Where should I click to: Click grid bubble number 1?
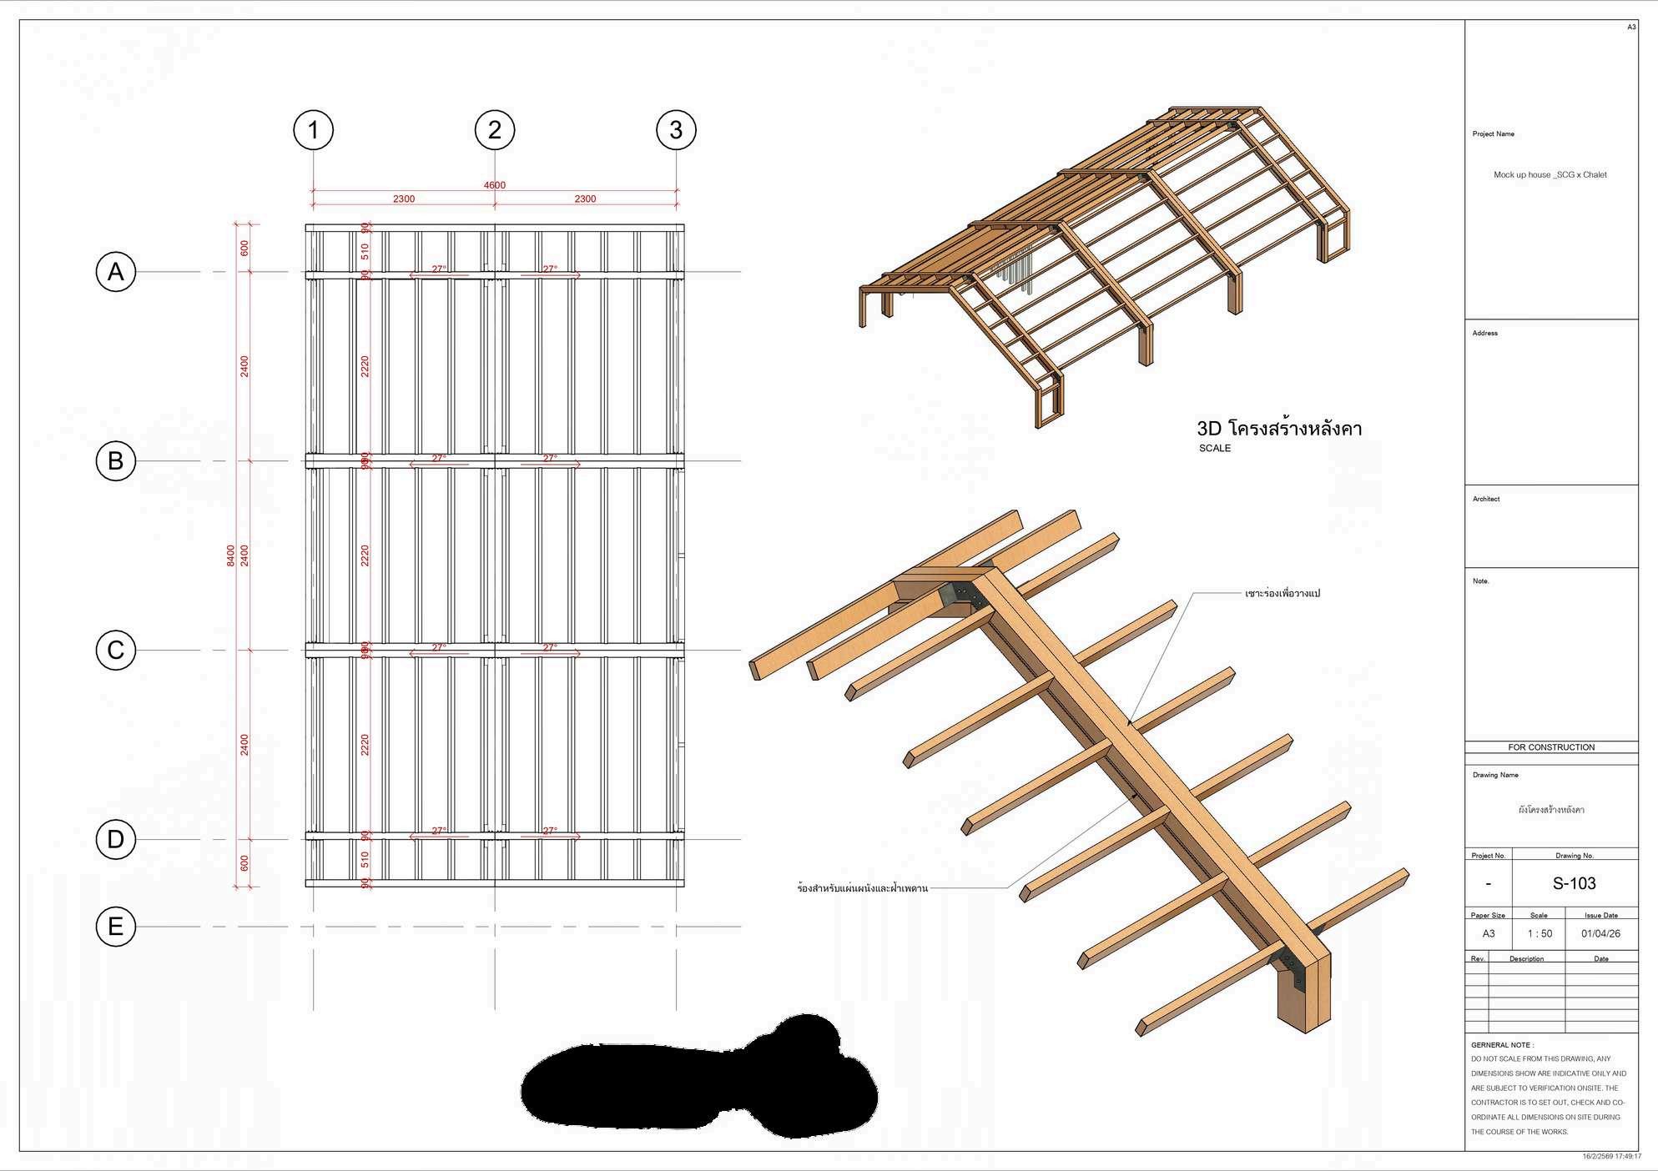point(313,130)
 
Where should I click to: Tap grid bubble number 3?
point(676,130)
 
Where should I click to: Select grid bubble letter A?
point(116,272)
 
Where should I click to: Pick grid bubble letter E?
point(116,927)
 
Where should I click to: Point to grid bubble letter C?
point(116,651)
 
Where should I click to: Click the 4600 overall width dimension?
point(494,185)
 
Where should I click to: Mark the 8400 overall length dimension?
point(231,555)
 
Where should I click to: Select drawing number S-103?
point(1574,884)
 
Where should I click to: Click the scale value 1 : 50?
point(1540,933)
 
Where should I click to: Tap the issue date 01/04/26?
point(1600,933)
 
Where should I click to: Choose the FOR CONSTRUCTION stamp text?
point(1551,747)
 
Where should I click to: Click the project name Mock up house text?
point(1550,175)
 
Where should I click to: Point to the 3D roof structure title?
point(1278,430)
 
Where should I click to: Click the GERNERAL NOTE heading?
point(1502,1045)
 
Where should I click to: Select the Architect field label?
point(1486,499)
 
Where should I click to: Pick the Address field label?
point(1484,334)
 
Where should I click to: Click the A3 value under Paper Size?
point(1489,933)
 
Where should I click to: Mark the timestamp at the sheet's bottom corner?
point(1611,1157)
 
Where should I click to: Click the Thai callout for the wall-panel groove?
point(862,889)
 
